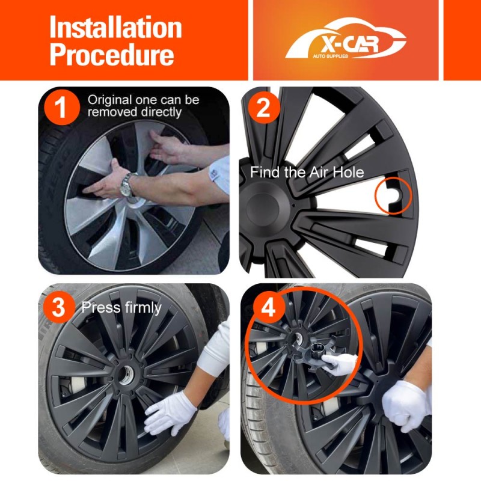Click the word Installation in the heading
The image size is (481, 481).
(x=115, y=27)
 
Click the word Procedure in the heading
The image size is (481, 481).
(x=112, y=54)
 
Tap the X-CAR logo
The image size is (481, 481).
(x=346, y=38)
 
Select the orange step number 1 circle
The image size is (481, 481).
(x=62, y=107)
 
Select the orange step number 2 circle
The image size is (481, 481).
(x=264, y=108)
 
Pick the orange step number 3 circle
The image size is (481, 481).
(x=59, y=308)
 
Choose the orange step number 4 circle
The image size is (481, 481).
(x=268, y=308)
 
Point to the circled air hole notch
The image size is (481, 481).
(x=392, y=197)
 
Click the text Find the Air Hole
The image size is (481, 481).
(x=307, y=172)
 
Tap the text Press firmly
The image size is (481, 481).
(x=121, y=308)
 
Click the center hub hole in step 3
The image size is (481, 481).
(x=125, y=375)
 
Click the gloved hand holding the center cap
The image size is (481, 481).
(x=341, y=364)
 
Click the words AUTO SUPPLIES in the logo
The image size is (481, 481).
(x=330, y=56)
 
